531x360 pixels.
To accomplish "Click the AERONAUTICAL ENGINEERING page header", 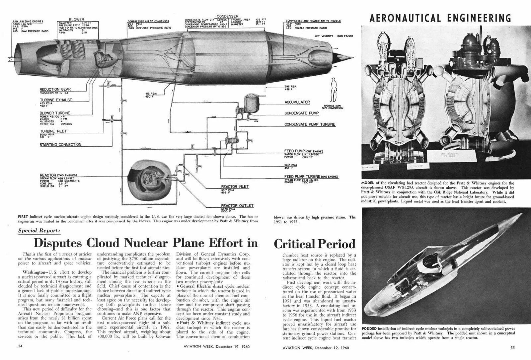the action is [x=440, y=18].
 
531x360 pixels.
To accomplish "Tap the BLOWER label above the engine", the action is [x=77, y=20].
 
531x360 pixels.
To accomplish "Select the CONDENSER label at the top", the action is [x=227, y=16].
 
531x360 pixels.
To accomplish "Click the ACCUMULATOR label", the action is [x=297, y=102].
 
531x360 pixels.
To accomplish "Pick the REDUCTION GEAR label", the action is [x=54, y=89].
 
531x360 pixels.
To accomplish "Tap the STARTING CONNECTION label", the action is [x=60, y=145].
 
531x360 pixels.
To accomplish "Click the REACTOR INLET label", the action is [x=235, y=186].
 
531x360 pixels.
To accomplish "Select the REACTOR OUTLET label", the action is [x=237, y=206].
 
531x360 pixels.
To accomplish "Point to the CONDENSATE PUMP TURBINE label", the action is [x=310, y=124].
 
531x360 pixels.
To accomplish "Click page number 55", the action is [x=512, y=348].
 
